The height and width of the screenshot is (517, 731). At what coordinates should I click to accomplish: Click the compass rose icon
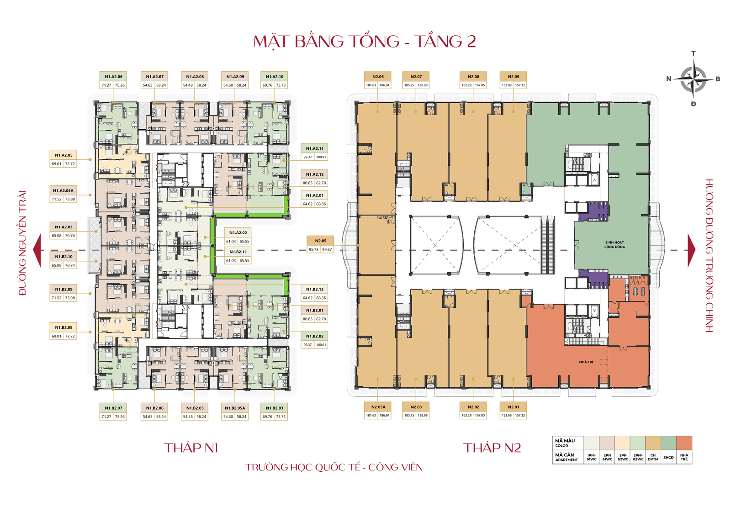point(694,79)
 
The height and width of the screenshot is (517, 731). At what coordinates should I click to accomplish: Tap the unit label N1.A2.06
point(113,77)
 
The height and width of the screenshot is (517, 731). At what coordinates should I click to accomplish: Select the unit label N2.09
point(514,77)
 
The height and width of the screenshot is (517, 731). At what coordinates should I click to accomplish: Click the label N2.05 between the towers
point(320,241)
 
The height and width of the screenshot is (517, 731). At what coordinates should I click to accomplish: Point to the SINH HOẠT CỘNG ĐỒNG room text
point(614,245)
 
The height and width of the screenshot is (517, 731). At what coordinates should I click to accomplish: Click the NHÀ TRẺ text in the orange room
point(586,362)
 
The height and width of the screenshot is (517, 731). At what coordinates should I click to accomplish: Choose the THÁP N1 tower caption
point(191,448)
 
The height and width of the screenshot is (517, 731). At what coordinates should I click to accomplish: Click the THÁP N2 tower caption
point(492,448)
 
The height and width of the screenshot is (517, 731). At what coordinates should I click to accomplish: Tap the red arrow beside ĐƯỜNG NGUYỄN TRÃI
point(37,250)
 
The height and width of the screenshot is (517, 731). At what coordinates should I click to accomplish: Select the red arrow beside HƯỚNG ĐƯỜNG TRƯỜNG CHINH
point(692,250)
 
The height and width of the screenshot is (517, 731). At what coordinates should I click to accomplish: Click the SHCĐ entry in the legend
point(668,458)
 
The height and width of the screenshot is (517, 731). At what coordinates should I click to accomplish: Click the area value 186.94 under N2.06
point(385,85)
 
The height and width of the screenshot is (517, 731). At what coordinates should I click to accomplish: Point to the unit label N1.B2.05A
point(235,408)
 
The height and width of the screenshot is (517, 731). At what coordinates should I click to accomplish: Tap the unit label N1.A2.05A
point(63,190)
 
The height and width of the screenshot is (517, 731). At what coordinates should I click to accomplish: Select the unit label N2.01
point(514,407)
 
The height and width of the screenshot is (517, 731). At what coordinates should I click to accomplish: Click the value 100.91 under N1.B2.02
point(321,345)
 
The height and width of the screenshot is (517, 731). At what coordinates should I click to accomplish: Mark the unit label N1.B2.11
point(238,252)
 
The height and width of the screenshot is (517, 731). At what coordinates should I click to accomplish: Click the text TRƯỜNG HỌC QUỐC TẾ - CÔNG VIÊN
point(334,467)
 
